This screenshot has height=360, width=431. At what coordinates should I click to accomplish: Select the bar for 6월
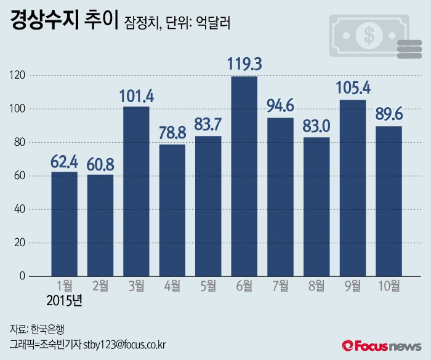tap(244, 176)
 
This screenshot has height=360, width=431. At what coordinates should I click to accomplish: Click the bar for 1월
tap(64, 224)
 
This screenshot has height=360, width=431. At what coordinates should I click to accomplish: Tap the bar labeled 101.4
tap(136, 191)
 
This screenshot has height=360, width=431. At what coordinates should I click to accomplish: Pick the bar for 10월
tap(388, 201)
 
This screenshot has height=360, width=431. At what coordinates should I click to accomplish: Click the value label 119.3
tap(244, 65)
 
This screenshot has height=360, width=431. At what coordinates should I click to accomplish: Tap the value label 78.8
tap(172, 134)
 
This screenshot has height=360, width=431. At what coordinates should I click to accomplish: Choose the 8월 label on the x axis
tap(316, 286)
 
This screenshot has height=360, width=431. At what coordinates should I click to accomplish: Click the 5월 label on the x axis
tap(208, 286)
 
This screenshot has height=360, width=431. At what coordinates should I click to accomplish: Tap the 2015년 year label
tap(64, 302)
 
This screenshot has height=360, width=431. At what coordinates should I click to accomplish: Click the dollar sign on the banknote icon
tap(368, 36)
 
